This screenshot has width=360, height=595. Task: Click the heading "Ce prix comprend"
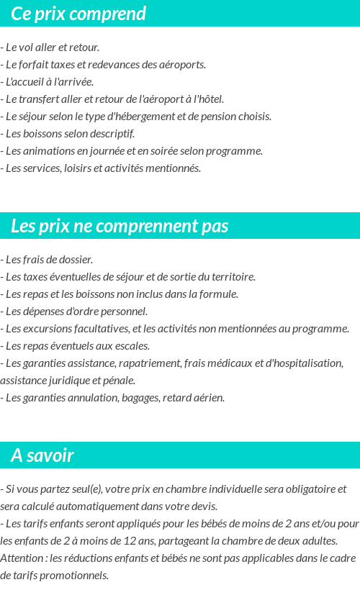[x=78, y=14]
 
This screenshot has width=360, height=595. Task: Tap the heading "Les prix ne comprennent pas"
[x=120, y=226]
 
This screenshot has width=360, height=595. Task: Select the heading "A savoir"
[x=42, y=455]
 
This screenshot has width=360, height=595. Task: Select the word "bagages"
[x=140, y=398]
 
